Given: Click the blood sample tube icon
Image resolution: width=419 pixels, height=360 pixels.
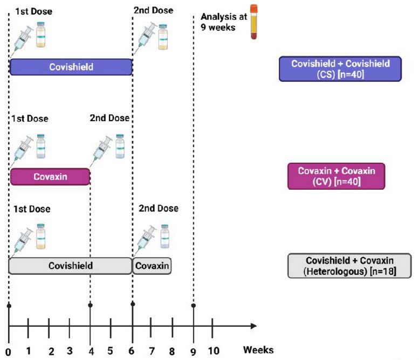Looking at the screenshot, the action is click(x=253, y=22).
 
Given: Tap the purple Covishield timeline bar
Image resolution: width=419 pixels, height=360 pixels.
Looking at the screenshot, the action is click(x=71, y=67).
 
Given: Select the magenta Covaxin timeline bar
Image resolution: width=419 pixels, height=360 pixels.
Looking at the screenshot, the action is click(x=50, y=177).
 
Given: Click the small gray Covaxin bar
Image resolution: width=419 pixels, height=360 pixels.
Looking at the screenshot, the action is click(x=152, y=266).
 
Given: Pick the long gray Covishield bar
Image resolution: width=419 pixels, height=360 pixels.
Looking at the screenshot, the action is click(x=71, y=266).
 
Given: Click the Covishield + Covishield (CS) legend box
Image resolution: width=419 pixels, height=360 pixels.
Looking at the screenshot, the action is click(x=340, y=68).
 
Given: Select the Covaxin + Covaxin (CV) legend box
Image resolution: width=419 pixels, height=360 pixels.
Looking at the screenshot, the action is click(x=336, y=176).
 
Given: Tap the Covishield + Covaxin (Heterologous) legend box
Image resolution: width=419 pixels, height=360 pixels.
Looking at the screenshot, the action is click(x=349, y=266).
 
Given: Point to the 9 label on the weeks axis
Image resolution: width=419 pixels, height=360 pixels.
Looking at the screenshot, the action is click(x=193, y=351).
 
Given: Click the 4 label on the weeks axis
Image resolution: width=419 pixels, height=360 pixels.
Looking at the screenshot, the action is click(x=91, y=351).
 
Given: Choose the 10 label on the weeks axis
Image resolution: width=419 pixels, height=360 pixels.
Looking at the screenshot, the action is click(x=214, y=351).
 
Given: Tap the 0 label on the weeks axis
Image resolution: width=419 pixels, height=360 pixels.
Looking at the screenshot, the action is click(x=8, y=352).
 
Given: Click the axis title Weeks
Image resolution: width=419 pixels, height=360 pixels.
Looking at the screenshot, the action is click(x=258, y=350).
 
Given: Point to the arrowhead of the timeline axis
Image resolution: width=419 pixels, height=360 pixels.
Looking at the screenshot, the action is click(x=254, y=326).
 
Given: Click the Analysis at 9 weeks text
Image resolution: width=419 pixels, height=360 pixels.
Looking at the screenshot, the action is click(x=224, y=22).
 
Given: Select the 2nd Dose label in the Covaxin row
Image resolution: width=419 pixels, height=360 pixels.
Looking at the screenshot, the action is click(x=109, y=118).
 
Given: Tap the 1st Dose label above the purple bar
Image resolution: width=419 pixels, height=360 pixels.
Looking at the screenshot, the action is click(x=33, y=11).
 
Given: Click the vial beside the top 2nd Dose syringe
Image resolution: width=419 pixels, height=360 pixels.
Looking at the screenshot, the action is click(x=163, y=37).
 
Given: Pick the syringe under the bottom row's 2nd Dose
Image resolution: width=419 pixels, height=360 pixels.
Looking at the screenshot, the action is click(x=146, y=239).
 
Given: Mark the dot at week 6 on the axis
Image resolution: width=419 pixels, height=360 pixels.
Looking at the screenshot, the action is click(x=133, y=304).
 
